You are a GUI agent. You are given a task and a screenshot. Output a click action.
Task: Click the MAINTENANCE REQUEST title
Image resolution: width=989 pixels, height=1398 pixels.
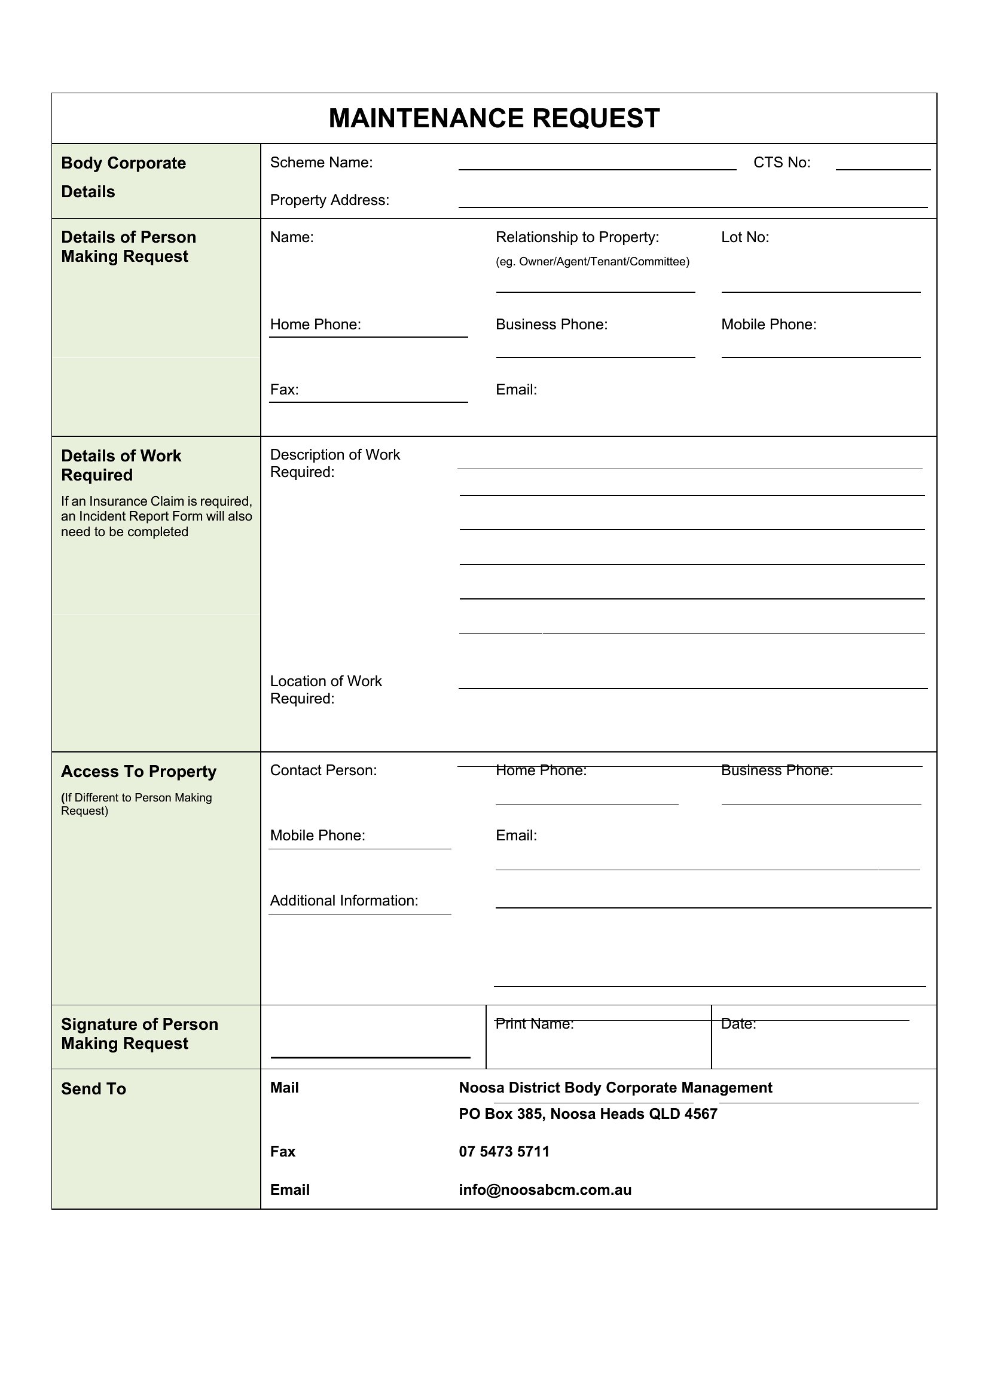(494, 118)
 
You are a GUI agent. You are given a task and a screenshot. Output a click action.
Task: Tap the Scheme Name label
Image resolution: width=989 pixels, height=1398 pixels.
(321, 163)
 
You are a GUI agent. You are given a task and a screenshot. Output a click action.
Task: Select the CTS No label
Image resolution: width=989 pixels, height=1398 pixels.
(782, 163)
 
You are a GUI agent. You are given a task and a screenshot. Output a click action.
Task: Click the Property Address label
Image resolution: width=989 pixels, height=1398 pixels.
(329, 200)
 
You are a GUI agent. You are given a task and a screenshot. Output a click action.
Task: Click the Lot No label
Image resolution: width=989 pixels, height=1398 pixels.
(745, 237)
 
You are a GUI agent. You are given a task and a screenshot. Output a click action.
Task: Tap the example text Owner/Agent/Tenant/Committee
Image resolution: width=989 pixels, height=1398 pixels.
(592, 262)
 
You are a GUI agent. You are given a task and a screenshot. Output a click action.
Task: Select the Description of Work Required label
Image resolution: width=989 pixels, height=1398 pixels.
(334, 463)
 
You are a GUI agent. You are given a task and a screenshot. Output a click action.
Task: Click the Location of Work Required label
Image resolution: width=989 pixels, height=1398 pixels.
(326, 689)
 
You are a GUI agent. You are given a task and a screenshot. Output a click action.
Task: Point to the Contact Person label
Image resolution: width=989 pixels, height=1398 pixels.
(323, 770)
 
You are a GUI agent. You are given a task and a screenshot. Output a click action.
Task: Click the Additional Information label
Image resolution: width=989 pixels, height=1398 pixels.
(344, 901)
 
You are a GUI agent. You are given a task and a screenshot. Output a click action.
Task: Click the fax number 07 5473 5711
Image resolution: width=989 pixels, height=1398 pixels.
(503, 1151)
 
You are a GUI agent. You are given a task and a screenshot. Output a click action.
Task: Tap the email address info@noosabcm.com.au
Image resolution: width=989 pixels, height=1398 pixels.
(545, 1190)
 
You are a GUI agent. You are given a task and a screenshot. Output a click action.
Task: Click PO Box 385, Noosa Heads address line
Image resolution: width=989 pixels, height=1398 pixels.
(588, 1113)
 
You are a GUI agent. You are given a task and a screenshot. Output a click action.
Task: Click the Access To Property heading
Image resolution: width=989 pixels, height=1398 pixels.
(138, 772)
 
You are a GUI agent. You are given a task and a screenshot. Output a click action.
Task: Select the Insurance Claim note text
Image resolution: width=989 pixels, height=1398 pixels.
(156, 516)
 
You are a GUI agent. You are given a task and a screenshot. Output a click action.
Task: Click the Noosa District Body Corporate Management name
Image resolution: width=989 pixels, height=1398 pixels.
(615, 1087)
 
